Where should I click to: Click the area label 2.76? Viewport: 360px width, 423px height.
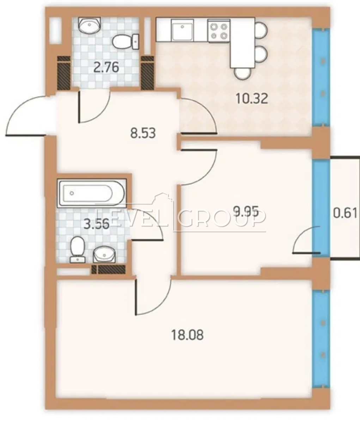[106, 68]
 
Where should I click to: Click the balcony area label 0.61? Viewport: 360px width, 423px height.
[346, 213]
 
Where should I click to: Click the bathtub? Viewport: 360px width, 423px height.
[92, 193]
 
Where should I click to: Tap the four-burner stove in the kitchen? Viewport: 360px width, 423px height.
[219, 31]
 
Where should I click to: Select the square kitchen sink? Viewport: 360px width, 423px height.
[182, 30]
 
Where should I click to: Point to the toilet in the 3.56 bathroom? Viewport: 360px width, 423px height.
[77, 250]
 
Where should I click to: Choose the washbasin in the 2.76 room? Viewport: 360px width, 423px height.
[90, 25]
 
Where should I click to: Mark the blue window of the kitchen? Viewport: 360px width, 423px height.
[321, 77]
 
